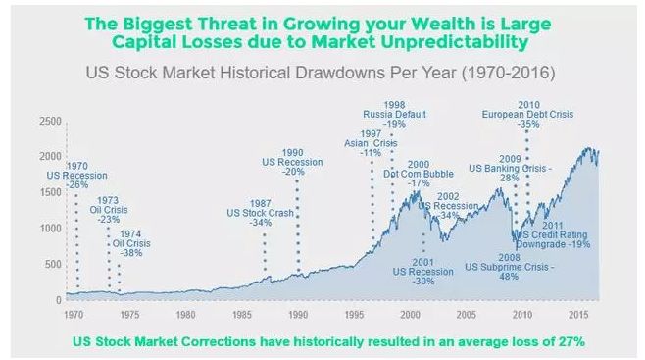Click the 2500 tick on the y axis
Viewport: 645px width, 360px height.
tap(49, 120)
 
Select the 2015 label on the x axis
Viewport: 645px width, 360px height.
tap(578, 316)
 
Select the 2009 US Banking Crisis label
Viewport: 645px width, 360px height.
tap(510, 168)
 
